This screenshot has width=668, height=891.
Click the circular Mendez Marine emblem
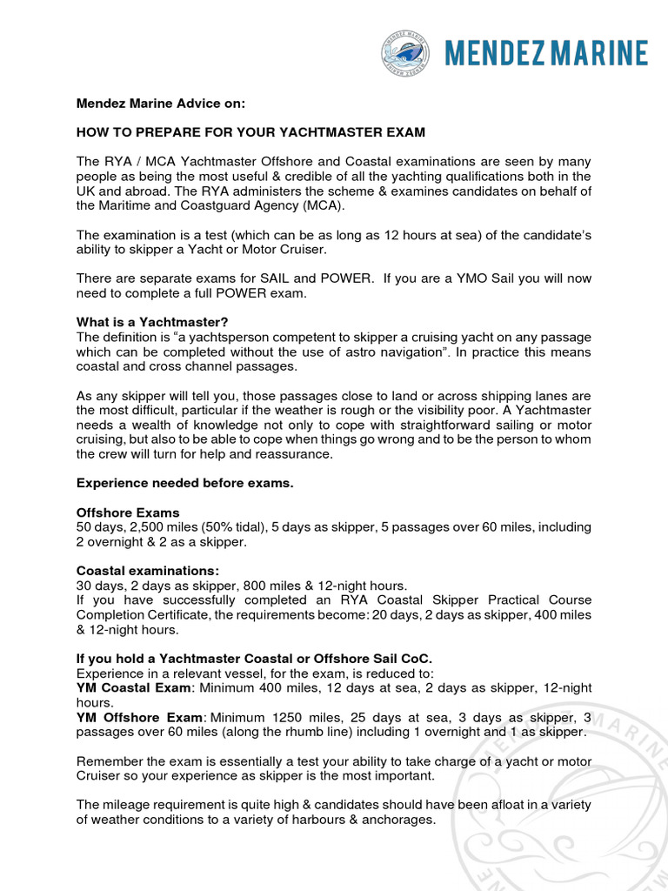coord(406,54)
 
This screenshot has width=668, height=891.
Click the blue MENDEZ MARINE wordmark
coord(545,54)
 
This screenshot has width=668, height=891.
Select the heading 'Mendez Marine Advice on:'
coord(162,104)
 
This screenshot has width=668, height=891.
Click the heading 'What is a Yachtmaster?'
coord(152,323)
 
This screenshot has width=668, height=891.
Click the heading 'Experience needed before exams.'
coord(184,483)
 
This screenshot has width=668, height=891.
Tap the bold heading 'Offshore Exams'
coord(128,512)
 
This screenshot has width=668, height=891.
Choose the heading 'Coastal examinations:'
coord(148,571)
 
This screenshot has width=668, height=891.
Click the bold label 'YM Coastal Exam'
coord(131,688)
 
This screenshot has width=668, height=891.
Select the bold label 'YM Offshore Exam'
coord(138,717)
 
